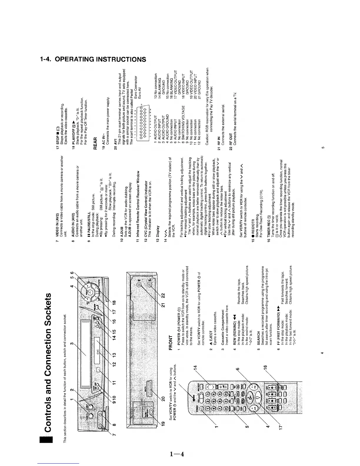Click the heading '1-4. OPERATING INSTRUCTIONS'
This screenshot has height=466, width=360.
(x=93, y=59)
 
